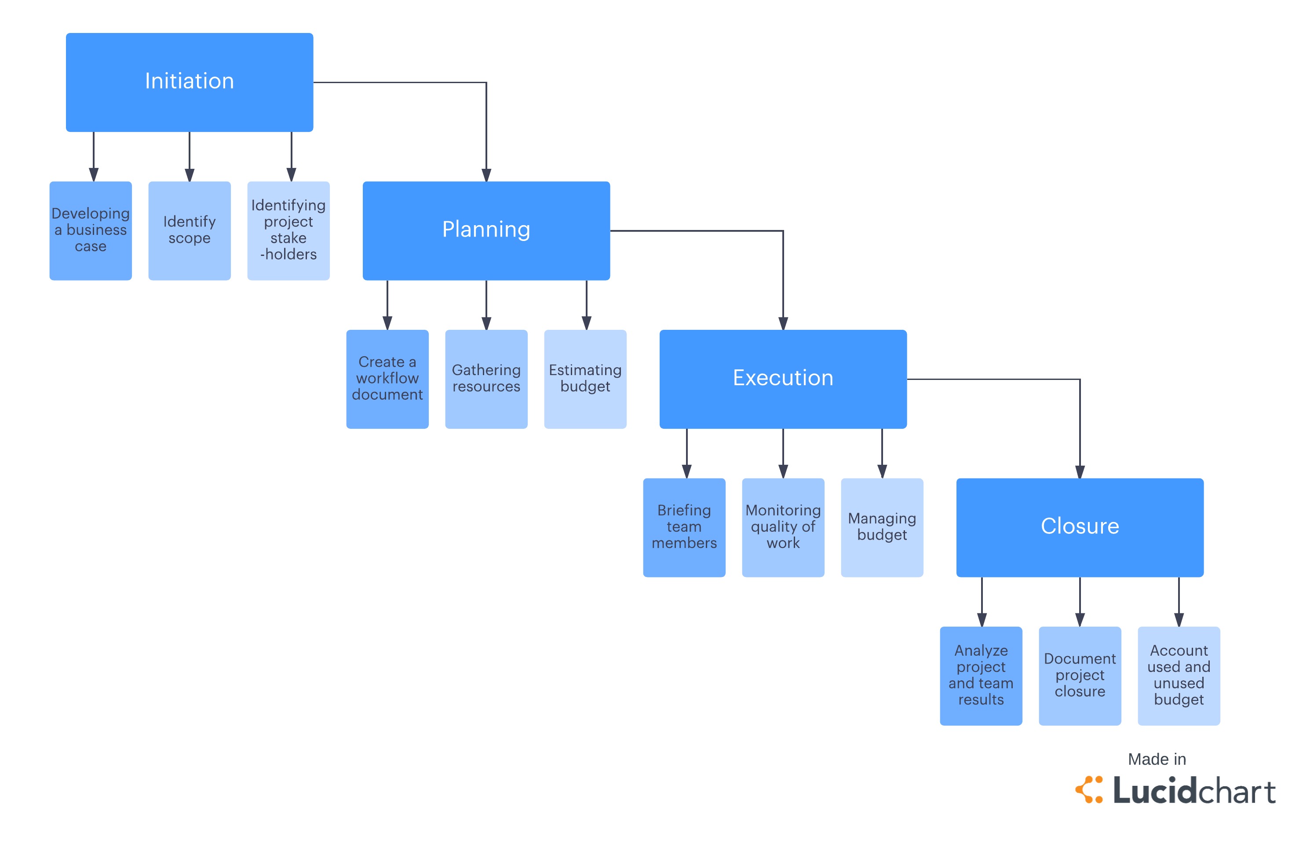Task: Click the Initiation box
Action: pyautogui.click(x=189, y=82)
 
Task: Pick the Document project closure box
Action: pyautogui.click(x=1079, y=675)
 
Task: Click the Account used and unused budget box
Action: pyautogui.click(x=1179, y=675)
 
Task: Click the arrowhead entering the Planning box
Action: pyautogui.click(x=486, y=175)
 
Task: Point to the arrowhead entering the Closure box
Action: pyautogui.click(x=1080, y=472)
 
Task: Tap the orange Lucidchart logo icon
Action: pyautogui.click(x=1088, y=789)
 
